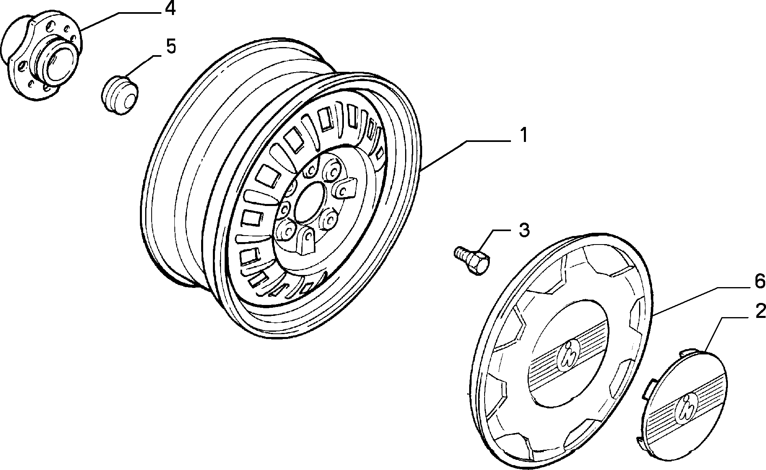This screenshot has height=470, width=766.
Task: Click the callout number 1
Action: (x=524, y=135)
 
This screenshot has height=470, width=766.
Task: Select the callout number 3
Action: (x=524, y=230)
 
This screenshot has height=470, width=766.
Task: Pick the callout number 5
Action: (x=171, y=47)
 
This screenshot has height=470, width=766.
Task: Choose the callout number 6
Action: (x=759, y=280)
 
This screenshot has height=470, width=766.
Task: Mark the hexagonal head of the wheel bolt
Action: (x=479, y=263)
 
